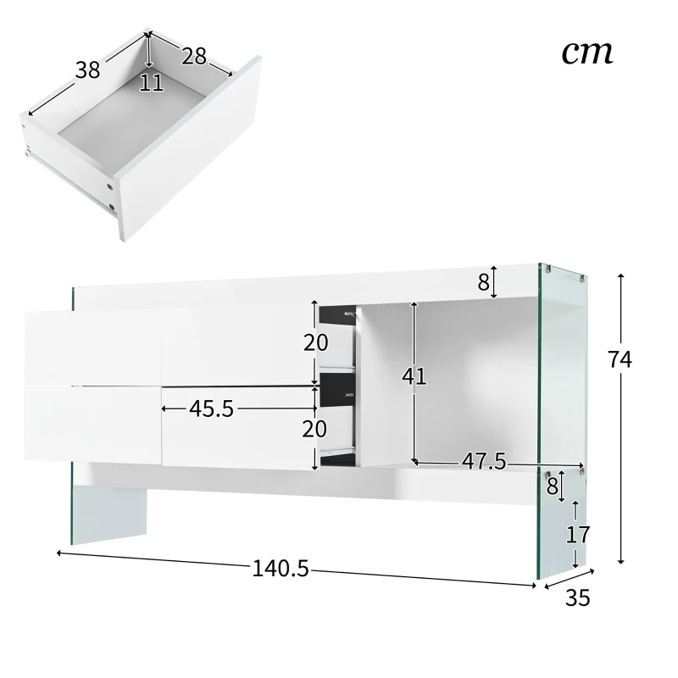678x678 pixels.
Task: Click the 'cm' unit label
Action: (x=586, y=52)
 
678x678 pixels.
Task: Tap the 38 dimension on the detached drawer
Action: (x=87, y=70)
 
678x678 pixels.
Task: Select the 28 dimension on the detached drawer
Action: (x=193, y=56)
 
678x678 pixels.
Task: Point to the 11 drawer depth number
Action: (x=151, y=83)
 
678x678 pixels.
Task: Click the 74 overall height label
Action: (x=620, y=359)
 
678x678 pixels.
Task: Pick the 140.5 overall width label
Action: (x=280, y=569)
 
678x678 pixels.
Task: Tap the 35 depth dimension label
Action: (x=576, y=597)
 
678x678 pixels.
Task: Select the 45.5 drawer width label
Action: (x=211, y=408)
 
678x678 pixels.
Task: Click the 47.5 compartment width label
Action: (x=483, y=461)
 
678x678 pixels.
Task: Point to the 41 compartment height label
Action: (x=414, y=376)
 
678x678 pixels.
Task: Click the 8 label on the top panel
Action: (x=483, y=283)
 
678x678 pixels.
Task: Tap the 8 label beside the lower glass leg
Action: (x=552, y=486)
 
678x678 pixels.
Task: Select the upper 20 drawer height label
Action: (x=315, y=342)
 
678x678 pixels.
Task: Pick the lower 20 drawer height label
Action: (x=315, y=429)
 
